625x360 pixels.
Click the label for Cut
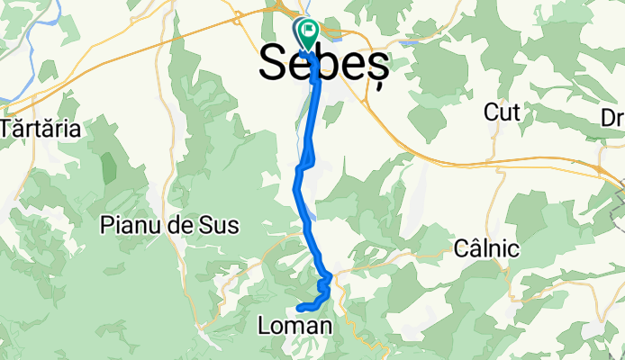503,112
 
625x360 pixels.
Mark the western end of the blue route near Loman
298,309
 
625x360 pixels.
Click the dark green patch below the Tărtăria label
110,168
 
